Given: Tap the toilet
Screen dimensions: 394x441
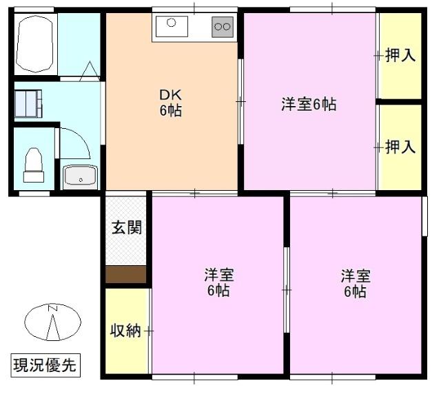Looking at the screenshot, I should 33,165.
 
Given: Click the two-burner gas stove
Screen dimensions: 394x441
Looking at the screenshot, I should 222,27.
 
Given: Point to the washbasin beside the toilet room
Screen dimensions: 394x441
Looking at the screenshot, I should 81,176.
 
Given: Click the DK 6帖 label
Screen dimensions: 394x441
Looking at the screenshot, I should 171,103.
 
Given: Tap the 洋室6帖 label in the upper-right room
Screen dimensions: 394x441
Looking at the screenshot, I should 308,105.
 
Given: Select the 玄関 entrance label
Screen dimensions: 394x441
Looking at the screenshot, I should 126,228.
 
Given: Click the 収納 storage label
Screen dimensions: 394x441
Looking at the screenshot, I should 125,331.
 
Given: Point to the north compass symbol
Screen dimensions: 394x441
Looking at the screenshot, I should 53,322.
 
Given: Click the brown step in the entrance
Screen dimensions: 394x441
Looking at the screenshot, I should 126,274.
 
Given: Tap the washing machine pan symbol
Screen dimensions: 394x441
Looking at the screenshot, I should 28,104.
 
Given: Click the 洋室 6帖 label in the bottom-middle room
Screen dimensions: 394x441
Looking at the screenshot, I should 218,282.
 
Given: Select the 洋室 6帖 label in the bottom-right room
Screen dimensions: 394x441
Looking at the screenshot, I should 355,282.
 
